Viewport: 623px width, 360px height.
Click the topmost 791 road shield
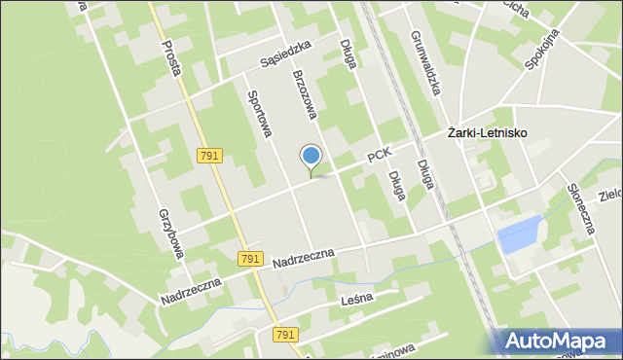pos(209,156)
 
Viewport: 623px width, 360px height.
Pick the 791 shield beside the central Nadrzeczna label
pos(250,258)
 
